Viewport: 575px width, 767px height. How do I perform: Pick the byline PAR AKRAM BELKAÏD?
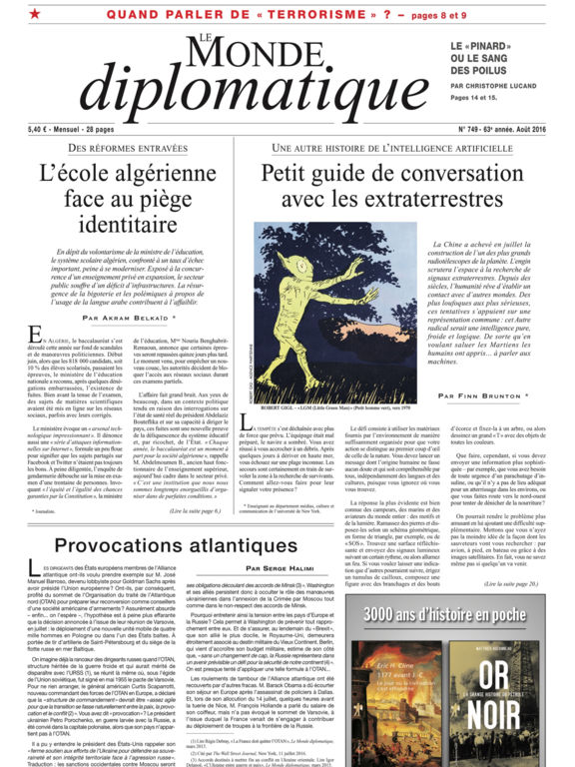(128, 318)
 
